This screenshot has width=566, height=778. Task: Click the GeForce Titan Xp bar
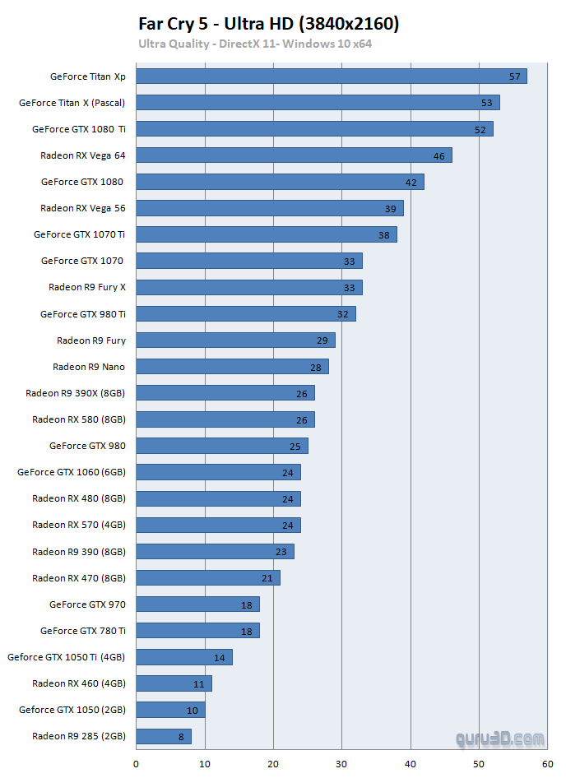[x=331, y=76]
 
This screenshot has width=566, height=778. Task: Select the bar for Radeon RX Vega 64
[x=294, y=155]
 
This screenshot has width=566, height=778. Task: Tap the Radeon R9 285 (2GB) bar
[x=163, y=736]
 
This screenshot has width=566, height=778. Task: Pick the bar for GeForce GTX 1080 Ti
[x=314, y=129]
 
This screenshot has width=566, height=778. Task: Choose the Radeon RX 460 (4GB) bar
[x=174, y=683]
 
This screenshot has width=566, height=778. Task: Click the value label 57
[x=515, y=76]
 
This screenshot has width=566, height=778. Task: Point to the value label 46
[x=439, y=155]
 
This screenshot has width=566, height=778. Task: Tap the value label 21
[x=267, y=578]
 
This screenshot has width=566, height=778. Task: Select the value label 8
[x=181, y=737]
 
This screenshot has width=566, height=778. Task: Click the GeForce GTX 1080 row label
[x=83, y=182]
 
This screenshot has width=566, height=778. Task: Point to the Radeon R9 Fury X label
[x=87, y=287]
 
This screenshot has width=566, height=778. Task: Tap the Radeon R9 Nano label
[x=89, y=366]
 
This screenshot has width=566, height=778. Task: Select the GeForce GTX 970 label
[x=87, y=604]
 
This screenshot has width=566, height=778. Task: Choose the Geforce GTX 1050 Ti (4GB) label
[x=67, y=657]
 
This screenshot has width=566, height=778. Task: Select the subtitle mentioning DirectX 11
[x=255, y=44]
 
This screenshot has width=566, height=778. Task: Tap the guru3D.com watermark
[x=499, y=739]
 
